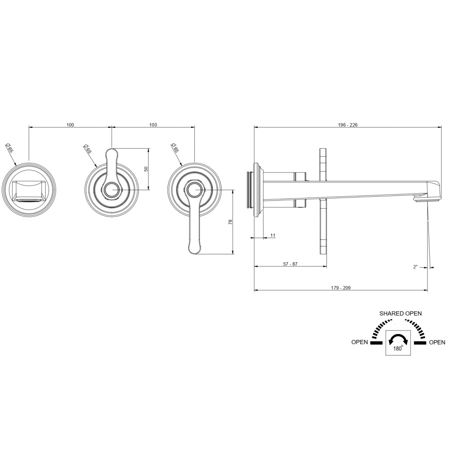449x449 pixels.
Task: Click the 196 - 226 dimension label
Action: click(348, 125)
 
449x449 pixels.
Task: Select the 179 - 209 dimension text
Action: click(341, 288)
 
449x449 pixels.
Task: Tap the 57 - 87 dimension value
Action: click(291, 264)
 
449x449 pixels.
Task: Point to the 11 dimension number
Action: click(273, 235)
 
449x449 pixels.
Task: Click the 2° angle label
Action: click(415, 267)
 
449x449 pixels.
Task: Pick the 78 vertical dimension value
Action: click(230, 222)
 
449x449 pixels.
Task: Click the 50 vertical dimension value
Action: click(146, 169)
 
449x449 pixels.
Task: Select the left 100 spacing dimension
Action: click(70, 125)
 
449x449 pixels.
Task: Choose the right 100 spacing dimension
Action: click(153, 125)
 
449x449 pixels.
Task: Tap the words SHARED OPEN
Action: click(401, 313)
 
